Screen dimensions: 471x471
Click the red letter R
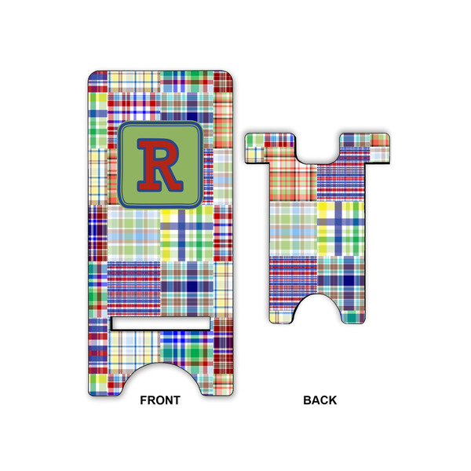click(x=159, y=164)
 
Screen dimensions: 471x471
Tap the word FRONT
click(x=160, y=400)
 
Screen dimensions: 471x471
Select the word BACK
click(x=320, y=400)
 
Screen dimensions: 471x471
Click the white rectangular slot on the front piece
click(x=160, y=323)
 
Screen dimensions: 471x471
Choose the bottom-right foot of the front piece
click(x=216, y=381)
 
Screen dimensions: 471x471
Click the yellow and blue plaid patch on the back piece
click(x=340, y=228)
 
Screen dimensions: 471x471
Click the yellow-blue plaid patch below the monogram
click(x=186, y=233)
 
